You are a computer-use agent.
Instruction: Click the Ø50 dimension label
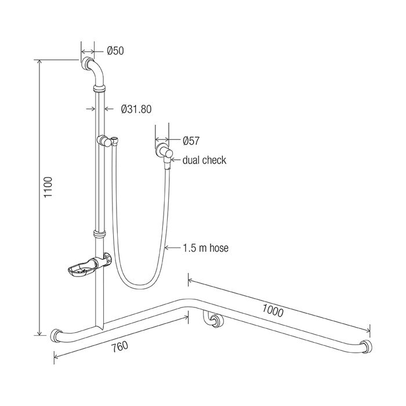115,50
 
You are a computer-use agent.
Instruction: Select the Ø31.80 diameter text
136,109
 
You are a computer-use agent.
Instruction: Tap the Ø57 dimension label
191,140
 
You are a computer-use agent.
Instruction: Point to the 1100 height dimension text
48,187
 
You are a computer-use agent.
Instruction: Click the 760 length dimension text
119,346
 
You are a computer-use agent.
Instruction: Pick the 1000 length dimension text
273,310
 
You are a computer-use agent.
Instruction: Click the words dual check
204,160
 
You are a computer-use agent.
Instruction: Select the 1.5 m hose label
206,248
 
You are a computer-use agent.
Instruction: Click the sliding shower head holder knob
104,140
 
